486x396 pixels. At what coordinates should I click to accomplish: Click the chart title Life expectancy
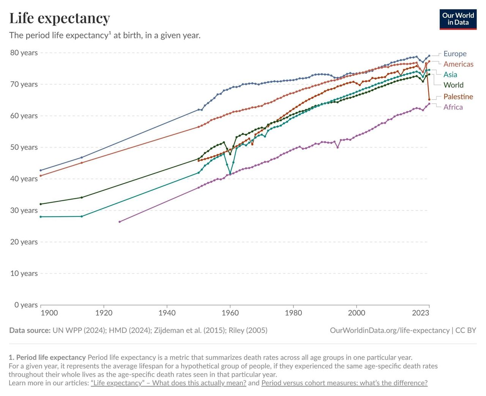[x=60, y=18]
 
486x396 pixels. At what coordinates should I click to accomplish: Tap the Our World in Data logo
[x=458, y=19]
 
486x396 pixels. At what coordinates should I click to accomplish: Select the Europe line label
[x=455, y=54]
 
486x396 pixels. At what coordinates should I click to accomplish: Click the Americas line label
[x=458, y=64]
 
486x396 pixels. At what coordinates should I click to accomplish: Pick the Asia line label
[x=450, y=75]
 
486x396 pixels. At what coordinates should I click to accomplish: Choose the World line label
[x=453, y=85]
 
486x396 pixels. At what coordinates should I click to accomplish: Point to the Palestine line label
[x=458, y=97]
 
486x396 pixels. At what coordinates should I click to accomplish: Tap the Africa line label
[x=453, y=107]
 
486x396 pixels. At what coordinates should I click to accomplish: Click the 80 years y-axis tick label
[x=24, y=53]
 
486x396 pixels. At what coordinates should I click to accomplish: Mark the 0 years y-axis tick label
[x=26, y=305]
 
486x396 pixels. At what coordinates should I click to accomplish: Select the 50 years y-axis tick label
[x=24, y=147]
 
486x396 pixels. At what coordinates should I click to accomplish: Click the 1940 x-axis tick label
[x=167, y=313]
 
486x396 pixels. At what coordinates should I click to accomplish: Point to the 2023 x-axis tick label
[x=421, y=313]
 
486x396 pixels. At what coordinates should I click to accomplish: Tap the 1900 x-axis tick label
[x=49, y=313]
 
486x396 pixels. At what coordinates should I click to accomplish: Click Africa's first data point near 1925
[x=120, y=222]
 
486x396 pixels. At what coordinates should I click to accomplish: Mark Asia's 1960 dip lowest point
[x=230, y=174]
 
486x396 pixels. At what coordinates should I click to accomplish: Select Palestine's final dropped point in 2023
[x=429, y=100]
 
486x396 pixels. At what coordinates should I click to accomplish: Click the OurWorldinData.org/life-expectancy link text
[x=390, y=330]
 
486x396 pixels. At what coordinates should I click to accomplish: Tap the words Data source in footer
[x=30, y=330]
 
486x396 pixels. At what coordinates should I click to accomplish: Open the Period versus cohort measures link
[x=344, y=383]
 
